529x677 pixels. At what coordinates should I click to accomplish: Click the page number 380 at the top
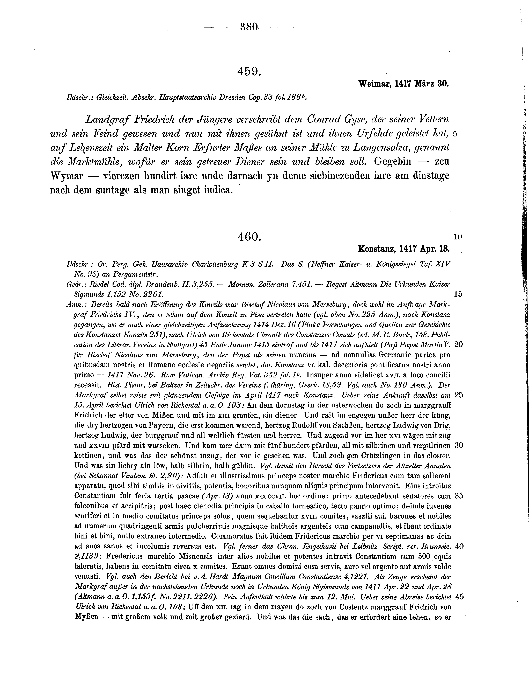click(249, 27)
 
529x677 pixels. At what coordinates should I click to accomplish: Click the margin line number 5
click(455, 134)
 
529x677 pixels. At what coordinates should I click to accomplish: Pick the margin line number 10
click(457, 237)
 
